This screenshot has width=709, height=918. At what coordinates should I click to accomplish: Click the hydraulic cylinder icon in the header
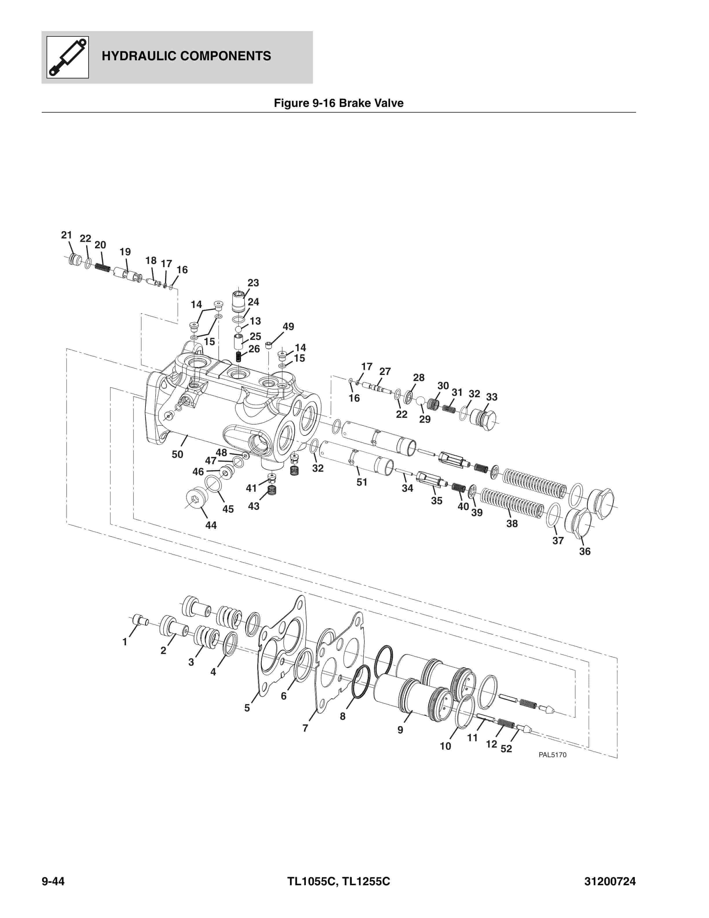tap(67, 57)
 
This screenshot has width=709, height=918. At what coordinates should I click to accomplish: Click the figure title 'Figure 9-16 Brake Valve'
tap(339, 103)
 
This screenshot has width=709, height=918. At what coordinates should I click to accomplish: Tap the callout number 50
tap(177, 454)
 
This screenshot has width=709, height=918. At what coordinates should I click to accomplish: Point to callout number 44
tap(211, 525)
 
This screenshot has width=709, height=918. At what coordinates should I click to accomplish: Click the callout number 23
tap(253, 283)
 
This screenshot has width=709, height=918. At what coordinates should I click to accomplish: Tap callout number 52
tap(506, 748)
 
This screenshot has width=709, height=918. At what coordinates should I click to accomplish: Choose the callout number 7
tap(305, 728)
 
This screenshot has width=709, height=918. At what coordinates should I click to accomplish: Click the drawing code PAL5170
tap(552, 755)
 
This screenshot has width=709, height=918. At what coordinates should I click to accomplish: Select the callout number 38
tap(511, 523)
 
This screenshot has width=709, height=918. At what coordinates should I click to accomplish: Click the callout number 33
tap(491, 397)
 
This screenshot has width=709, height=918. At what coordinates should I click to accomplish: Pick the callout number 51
tap(362, 482)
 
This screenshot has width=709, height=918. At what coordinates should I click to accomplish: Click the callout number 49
tap(288, 327)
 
